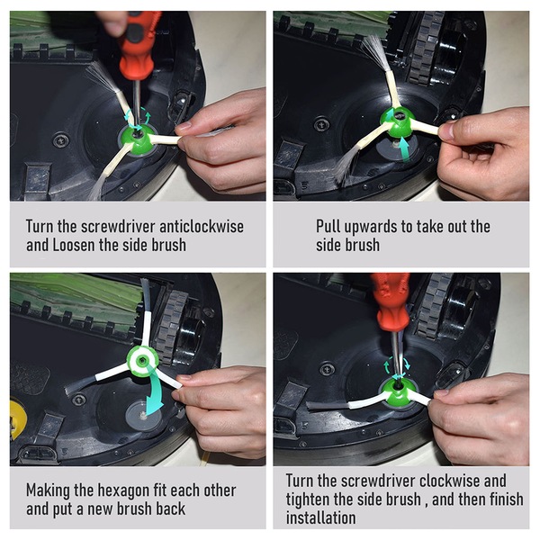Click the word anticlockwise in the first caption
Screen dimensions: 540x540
[x=202, y=227]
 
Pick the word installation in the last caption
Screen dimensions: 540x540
[x=321, y=518]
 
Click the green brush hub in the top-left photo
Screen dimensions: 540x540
[x=138, y=138]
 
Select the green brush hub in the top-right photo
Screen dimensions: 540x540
[x=398, y=121]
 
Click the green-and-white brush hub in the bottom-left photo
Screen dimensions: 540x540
[x=142, y=361]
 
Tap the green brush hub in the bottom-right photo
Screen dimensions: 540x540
[x=399, y=392]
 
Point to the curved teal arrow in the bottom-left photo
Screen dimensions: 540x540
[x=154, y=389]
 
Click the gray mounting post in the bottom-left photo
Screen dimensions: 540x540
[x=143, y=416]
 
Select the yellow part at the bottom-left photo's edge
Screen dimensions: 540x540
[x=17, y=419]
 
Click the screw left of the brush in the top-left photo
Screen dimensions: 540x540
[x=60, y=139]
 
